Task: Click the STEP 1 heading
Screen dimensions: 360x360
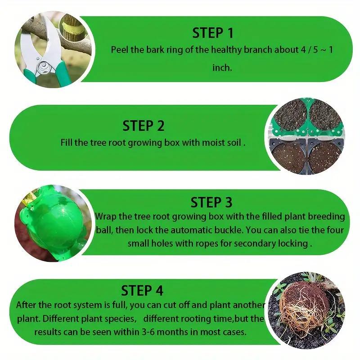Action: click(213, 33)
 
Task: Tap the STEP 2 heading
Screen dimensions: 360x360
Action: click(144, 126)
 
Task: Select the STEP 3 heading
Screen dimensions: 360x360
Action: click(211, 202)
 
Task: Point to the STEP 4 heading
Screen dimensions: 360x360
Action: click(142, 290)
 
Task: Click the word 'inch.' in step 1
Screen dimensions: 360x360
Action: click(222, 68)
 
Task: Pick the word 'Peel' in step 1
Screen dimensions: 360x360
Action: click(120, 49)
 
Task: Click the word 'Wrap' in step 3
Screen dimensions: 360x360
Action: click(105, 216)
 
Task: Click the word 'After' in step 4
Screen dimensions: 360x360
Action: click(26, 305)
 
